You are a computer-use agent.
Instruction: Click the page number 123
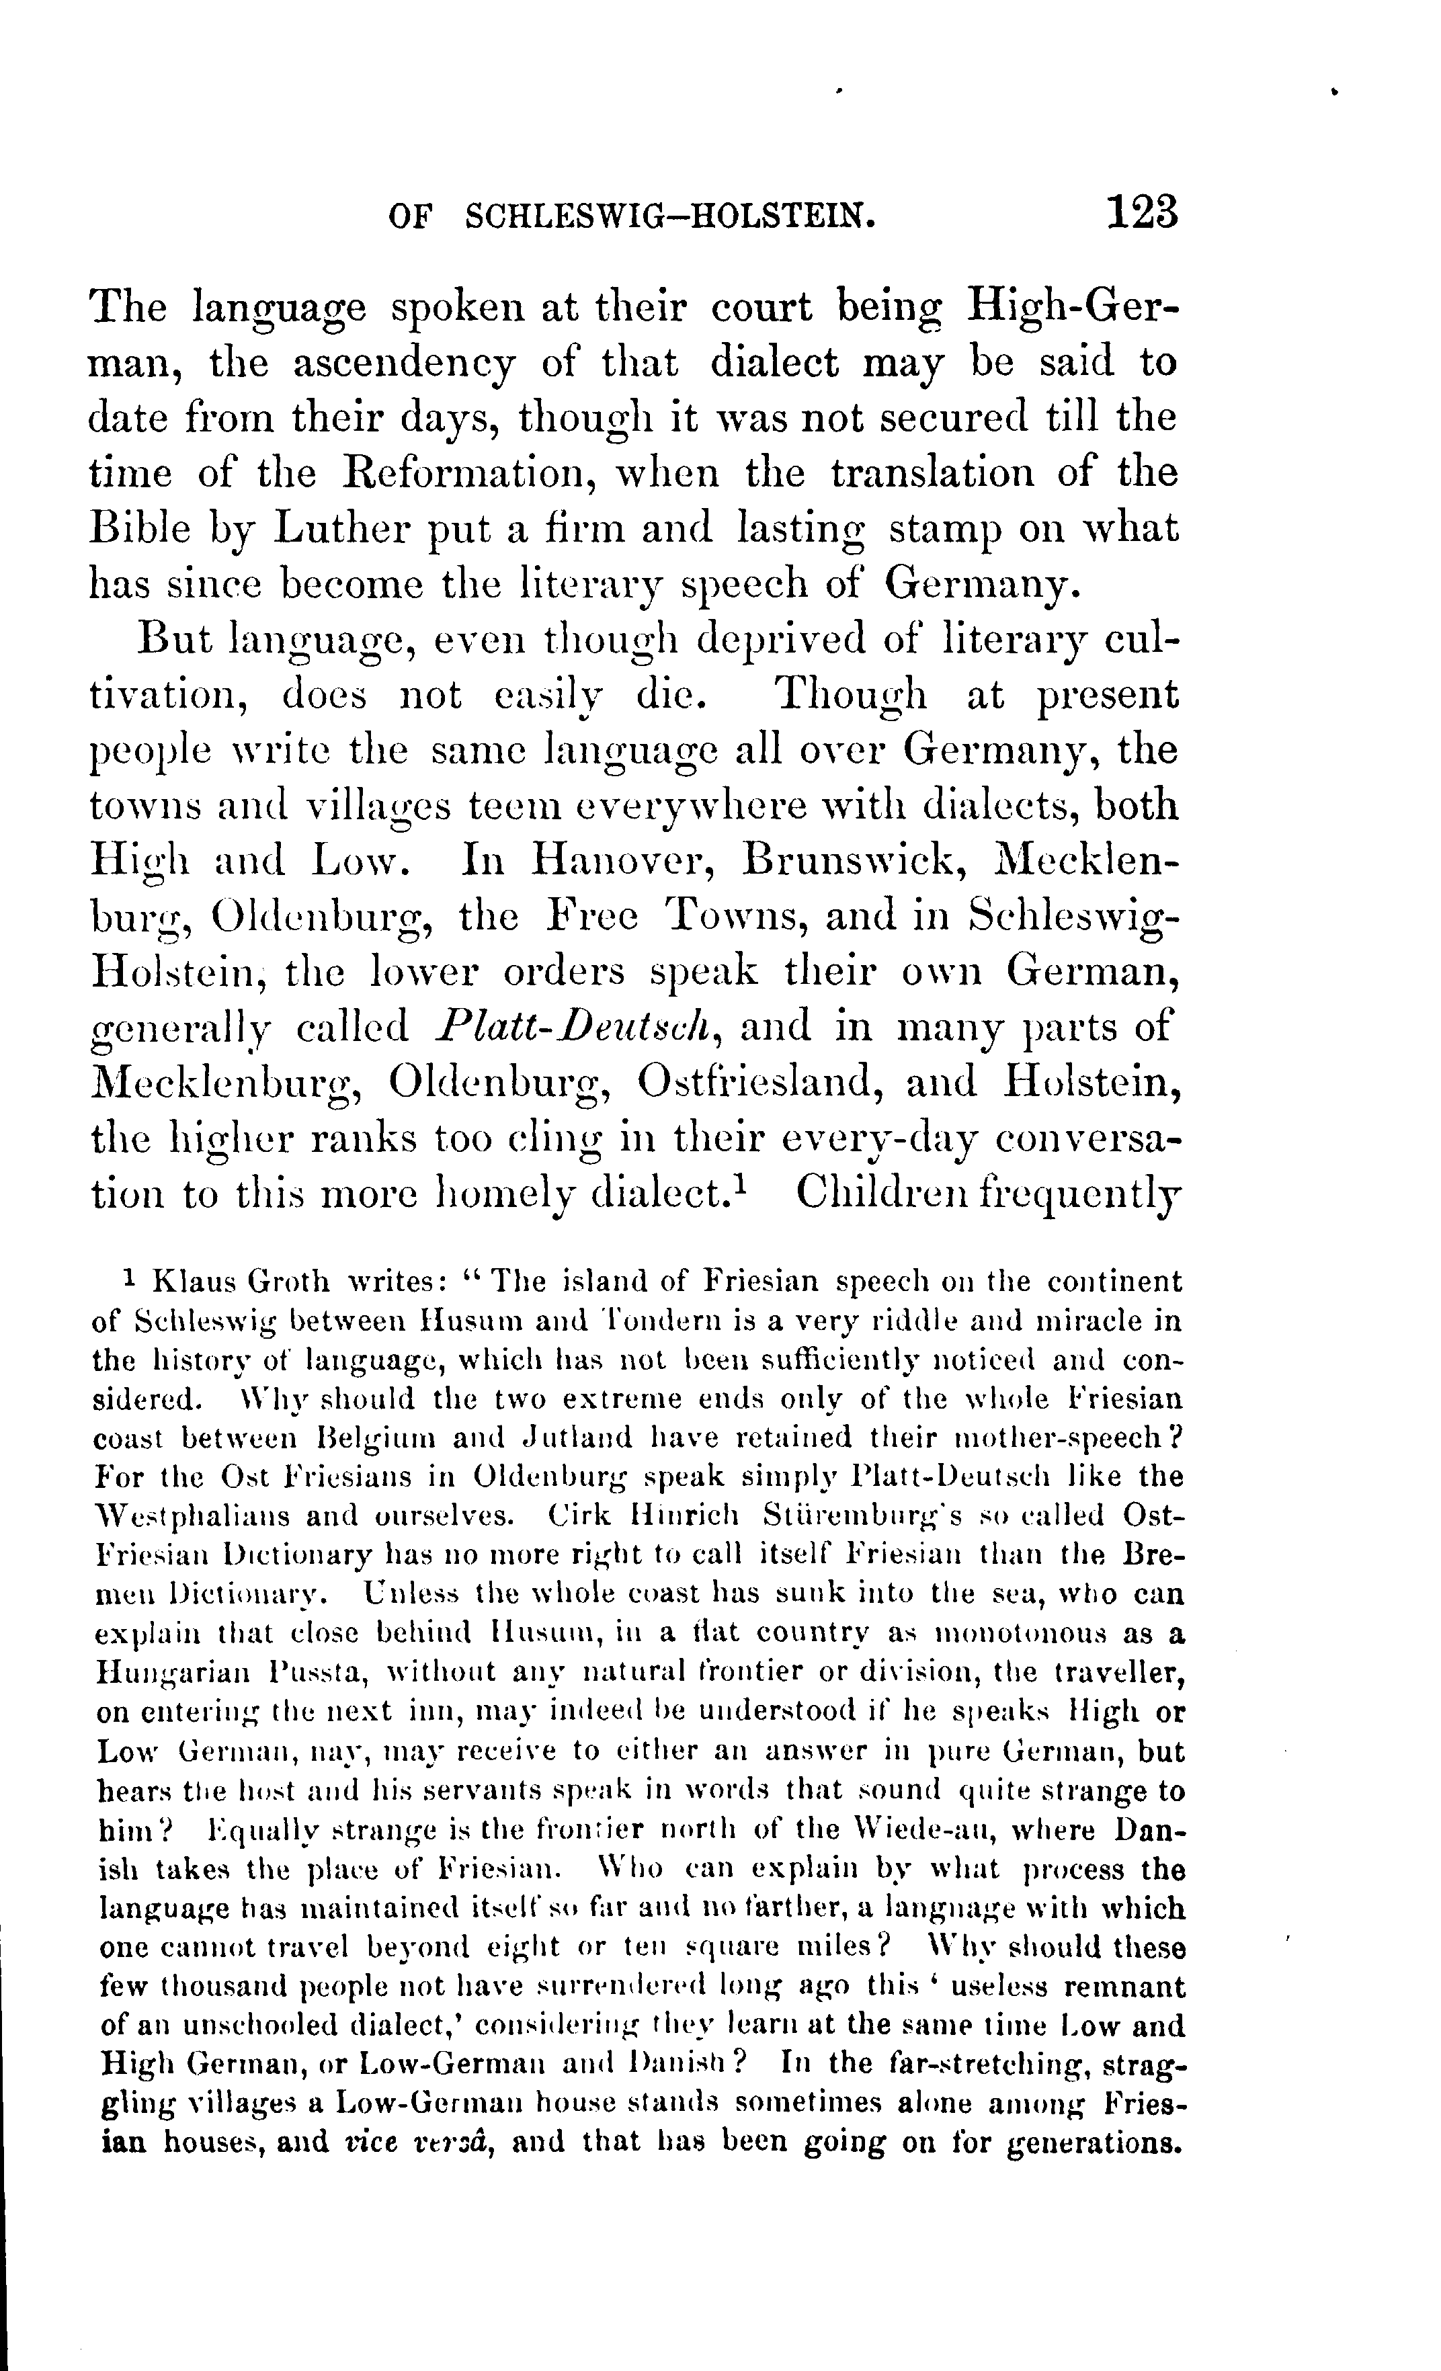(x=1143, y=212)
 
